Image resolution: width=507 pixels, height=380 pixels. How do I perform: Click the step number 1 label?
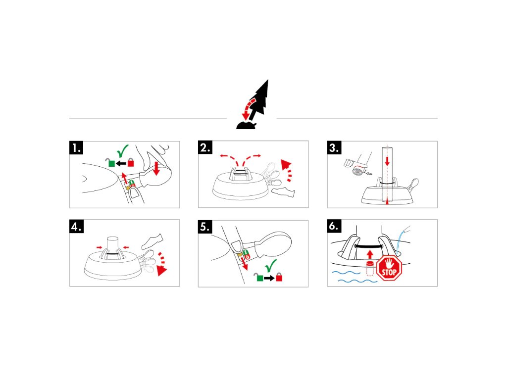point(76,148)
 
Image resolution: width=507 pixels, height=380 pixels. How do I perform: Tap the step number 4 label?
point(76,227)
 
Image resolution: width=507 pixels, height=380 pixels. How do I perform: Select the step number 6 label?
point(335,227)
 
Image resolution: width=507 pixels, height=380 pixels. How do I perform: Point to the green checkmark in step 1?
point(122,150)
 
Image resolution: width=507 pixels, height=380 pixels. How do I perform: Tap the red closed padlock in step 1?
point(131,162)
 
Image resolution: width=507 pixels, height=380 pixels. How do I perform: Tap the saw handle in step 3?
point(350,162)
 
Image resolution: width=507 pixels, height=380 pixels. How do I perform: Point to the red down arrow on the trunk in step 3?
point(387,160)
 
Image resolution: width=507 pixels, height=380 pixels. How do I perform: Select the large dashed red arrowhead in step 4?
point(162,270)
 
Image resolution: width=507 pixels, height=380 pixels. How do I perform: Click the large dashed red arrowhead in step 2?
point(287,164)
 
